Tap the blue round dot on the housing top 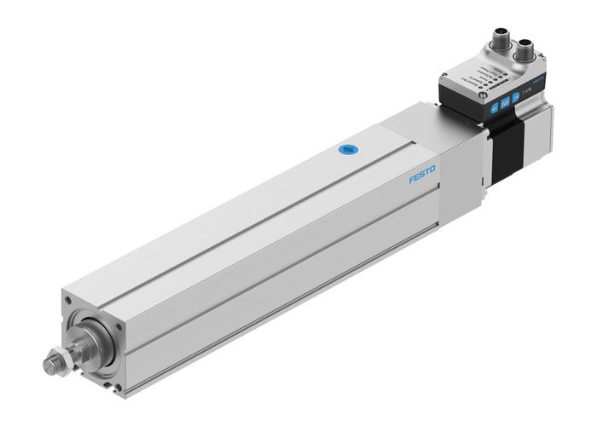click(x=346, y=150)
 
